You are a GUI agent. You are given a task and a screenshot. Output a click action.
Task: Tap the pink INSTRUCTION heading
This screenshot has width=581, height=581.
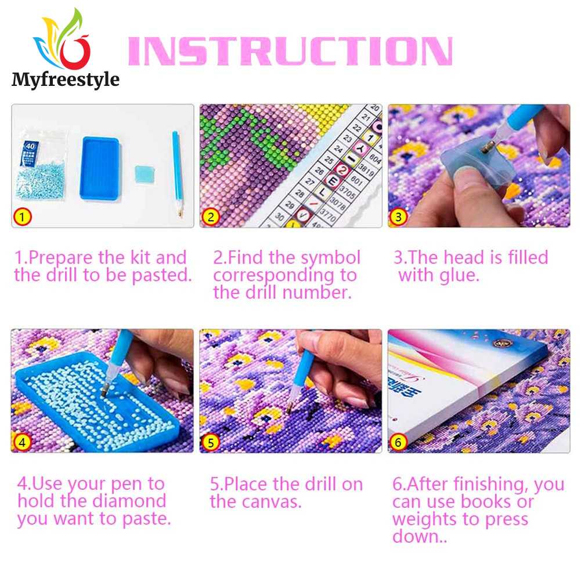coord(289,52)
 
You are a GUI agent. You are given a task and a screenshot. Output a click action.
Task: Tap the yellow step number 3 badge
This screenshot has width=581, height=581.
coord(398,217)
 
